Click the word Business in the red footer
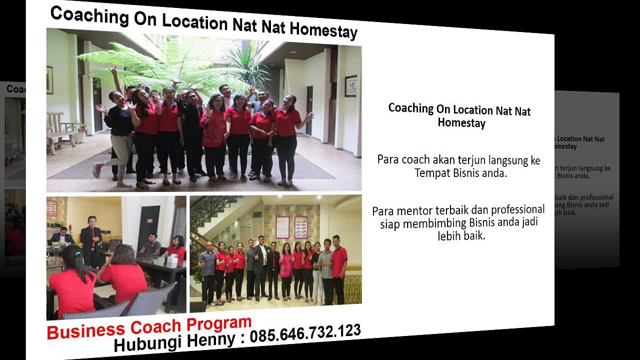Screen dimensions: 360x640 (86, 330)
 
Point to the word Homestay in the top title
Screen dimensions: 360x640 (323, 30)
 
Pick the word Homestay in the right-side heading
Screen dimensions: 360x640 (461, 122)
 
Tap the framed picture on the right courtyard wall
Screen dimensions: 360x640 (350, 85)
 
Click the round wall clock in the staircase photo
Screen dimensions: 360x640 (291, 208)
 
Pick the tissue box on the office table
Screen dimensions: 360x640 (172, 260)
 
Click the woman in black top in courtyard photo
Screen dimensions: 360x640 (120, 130)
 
